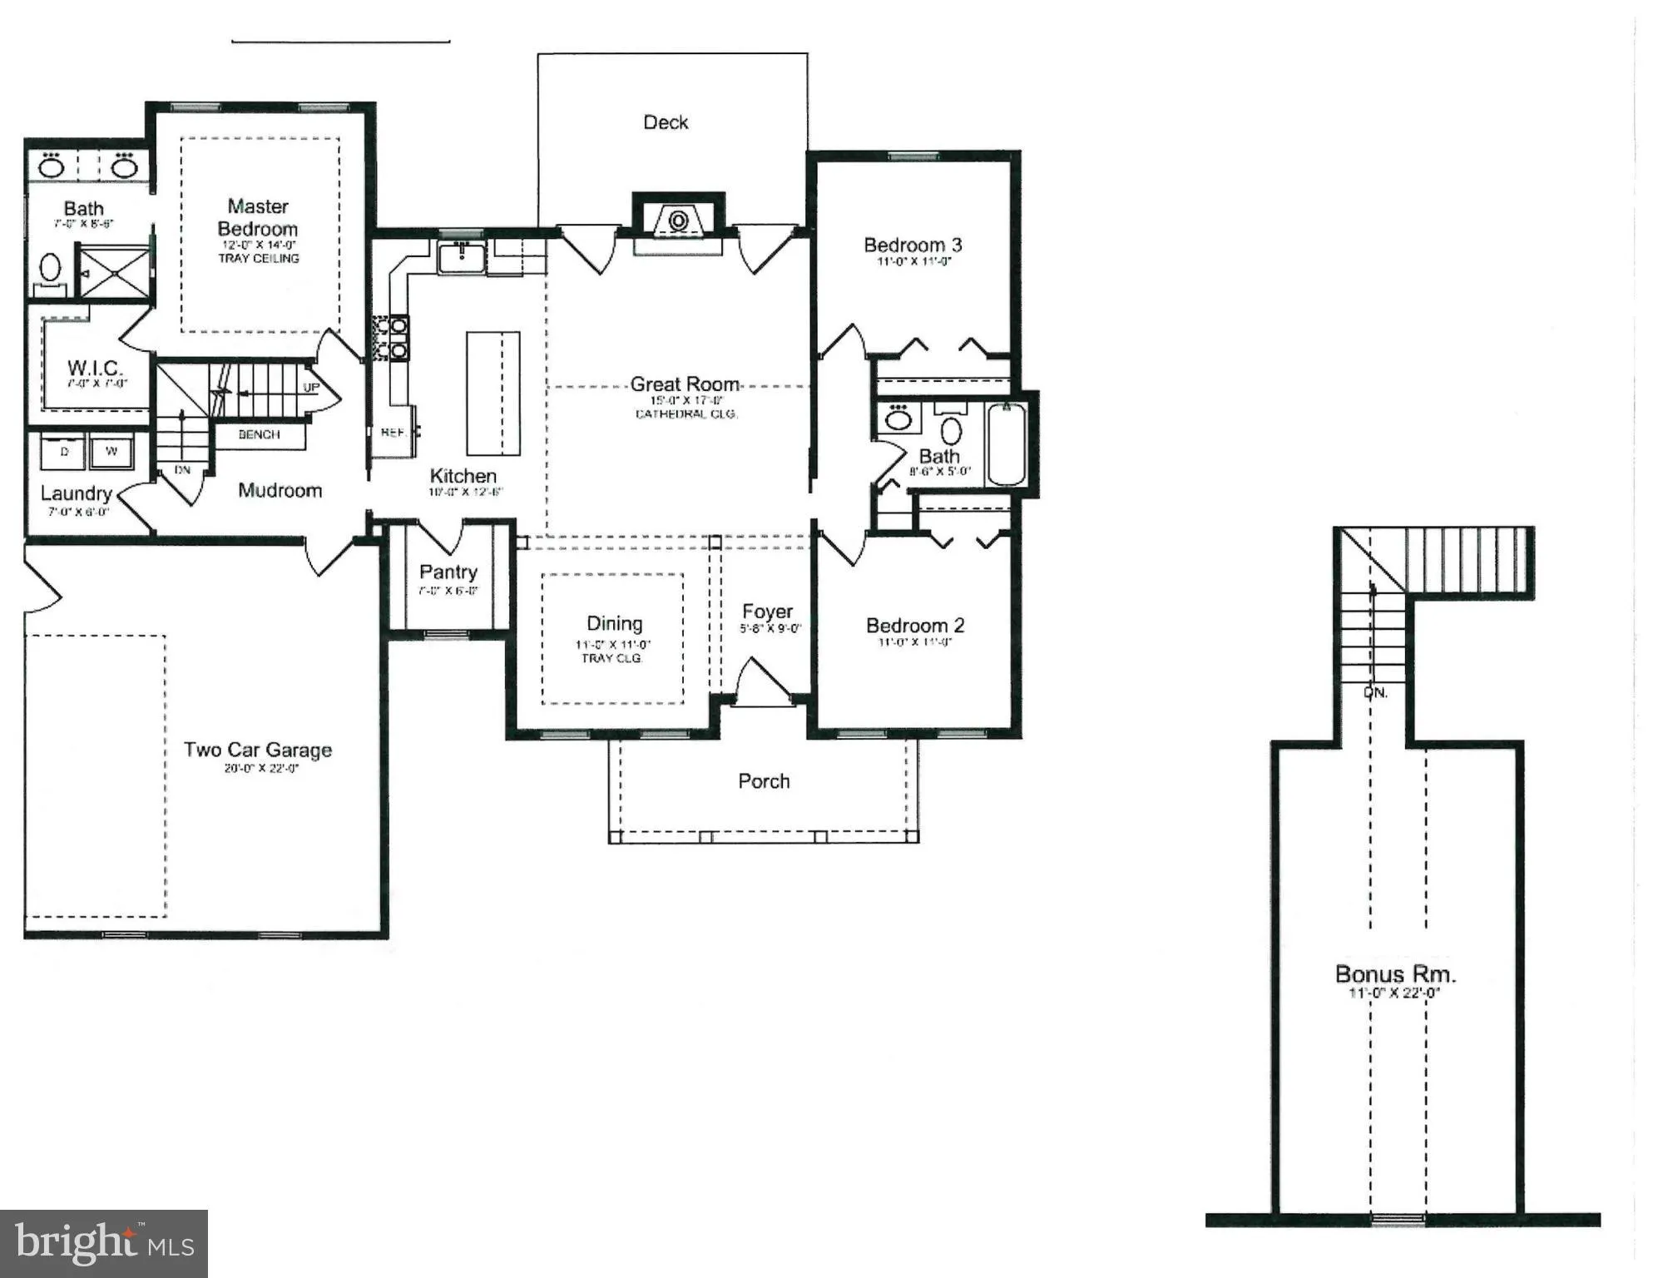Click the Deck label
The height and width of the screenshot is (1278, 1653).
pos(666,122)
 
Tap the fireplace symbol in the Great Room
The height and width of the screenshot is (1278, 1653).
pos(678,220)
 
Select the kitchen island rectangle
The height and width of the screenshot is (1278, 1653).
pos(492,394)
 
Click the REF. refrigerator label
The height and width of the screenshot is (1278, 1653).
pos(393,433)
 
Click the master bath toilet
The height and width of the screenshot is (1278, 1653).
pos(51,269)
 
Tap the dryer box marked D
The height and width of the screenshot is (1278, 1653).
pos(64,452)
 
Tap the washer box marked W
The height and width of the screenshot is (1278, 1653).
pos(111,452)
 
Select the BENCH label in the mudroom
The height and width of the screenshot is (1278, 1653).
pos(259,434)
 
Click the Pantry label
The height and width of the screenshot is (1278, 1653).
pos(448,572)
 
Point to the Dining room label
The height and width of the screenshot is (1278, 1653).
pos(614,623)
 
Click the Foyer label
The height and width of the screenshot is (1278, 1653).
pos(767,612)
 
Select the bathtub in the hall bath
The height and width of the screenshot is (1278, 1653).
pos(1007,443)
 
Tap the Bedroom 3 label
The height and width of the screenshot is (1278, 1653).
pos(913,245)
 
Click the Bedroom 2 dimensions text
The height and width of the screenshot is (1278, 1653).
pos(914,642)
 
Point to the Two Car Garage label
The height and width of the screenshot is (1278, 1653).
pos(258,750)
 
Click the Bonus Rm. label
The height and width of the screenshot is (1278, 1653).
pos(1395,973)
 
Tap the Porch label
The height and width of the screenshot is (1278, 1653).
pos(764,781)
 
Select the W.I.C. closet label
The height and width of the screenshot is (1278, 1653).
pos(95,367)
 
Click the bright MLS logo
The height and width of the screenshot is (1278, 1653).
pos(104,1243)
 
